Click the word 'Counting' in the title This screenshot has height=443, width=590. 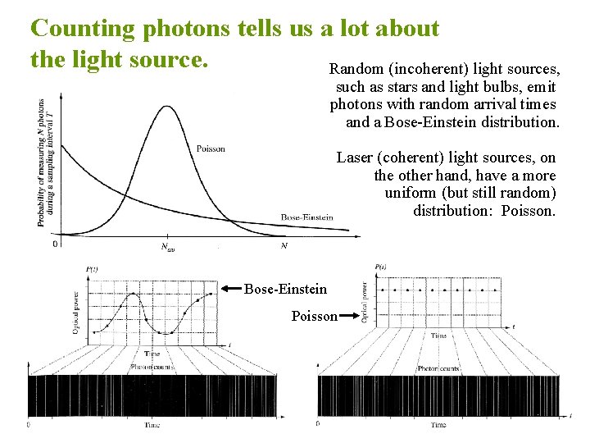pos(83,29)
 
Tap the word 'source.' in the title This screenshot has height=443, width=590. pos(177,59)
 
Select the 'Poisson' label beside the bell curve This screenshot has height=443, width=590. pos(211,148)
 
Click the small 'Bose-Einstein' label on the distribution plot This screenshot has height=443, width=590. pos(306,217)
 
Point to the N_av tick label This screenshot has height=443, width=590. pos(167,246)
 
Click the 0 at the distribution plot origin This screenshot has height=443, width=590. pos(55,244)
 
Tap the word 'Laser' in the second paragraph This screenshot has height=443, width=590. pos(354,158)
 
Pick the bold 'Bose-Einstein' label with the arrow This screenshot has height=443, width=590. pos(285,289)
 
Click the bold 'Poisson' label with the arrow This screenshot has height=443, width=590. pos(314,317)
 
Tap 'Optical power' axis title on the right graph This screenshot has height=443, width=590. pos(365,301)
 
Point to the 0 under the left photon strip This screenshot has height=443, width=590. pos(29,425)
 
